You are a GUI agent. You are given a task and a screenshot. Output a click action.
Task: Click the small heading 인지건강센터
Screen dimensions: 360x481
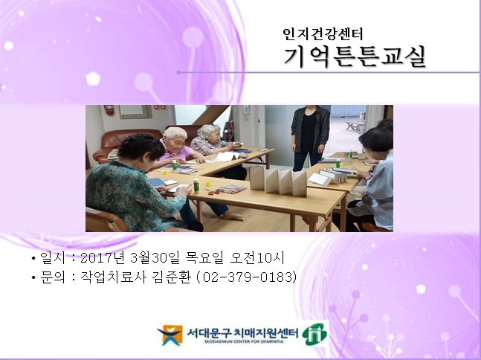pyautogui.click(x=322, y=33)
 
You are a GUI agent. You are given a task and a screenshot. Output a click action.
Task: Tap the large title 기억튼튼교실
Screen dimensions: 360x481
pyautogui.click(x=355, y=56)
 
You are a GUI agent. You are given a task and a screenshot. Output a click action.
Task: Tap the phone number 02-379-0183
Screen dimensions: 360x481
pyautogui.click(x=253, y=277)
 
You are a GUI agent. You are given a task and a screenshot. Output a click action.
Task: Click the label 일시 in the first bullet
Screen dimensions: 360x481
pyautogui.click(x=51, y=259)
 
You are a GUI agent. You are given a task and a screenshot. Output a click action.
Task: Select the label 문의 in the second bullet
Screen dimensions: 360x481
pyautogui.click(x=51, y=277)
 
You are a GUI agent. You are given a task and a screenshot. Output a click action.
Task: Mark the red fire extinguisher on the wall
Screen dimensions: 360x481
pyautogui.click(x=110, y=111)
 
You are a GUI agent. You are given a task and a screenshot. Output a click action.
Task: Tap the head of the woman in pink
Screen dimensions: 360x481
pyautogui.click(x=175, y=137)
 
